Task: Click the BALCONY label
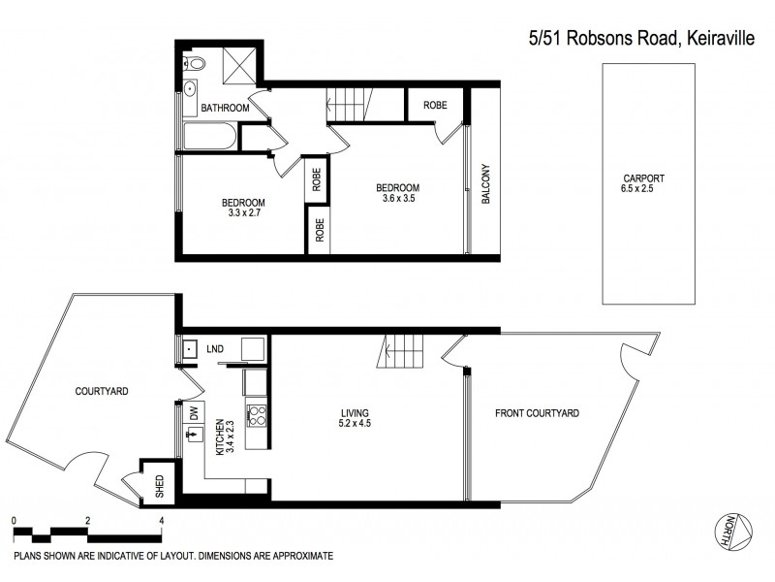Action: point(485,180)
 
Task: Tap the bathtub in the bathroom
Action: point(208,137)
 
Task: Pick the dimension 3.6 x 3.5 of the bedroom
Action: point(398,199)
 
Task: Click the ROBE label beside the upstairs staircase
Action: point(434,105)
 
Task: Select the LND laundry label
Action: point(215,348)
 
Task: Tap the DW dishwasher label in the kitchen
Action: point(194,413)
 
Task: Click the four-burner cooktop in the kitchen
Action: point(259,416)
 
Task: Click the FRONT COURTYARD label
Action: point(537,413)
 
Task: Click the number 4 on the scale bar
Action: point(161,521)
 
